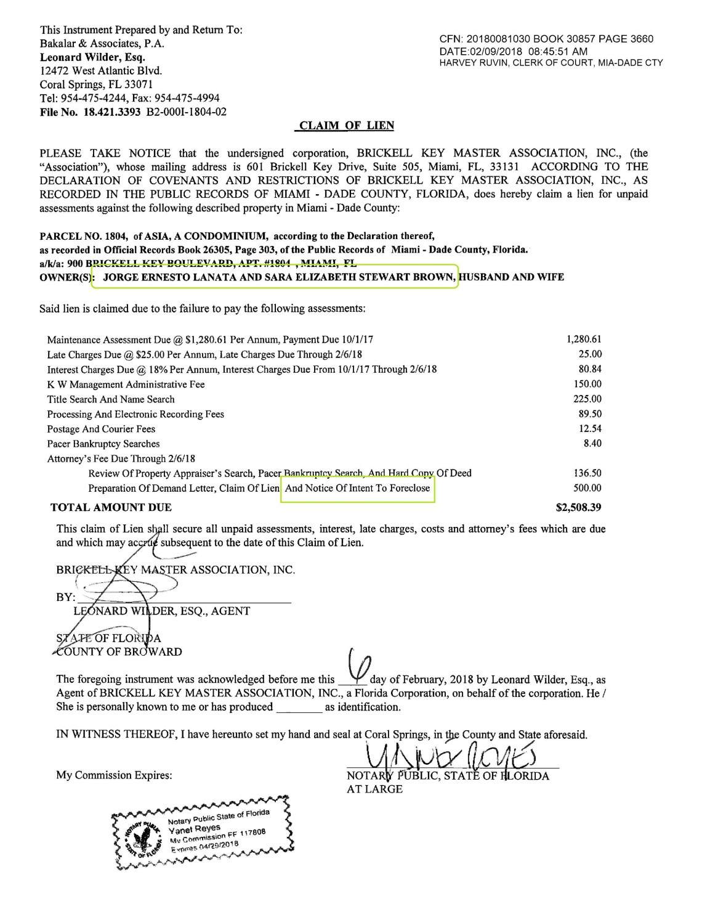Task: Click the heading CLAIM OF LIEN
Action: pyautogui.click(x=345, y=126)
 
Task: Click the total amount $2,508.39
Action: pyautogui.click(x=578, y=508)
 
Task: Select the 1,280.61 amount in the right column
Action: pyautogui.click(x=584, y=339)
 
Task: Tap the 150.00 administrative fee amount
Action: pyautogui.click(x=587, y=384)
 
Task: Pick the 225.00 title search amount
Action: pyautogui.click(x=587, y=399)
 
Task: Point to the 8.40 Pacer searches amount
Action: pyautogui.click(x=592, y=443)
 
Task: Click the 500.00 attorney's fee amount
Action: pyautogui.click(x=587, y=488)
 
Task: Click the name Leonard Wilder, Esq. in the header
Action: pyautogui.click(x=92, y=57)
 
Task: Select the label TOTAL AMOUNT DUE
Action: pyautogui.click(x=111, y=508)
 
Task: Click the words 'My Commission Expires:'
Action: pyautogui.click(x=115, y=775)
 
